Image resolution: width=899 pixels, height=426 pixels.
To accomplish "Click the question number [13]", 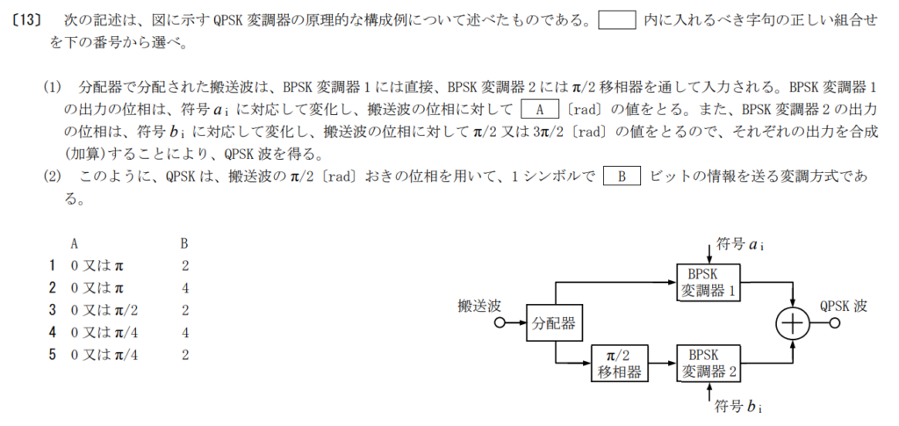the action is pyautogui.click(x=27, y=21).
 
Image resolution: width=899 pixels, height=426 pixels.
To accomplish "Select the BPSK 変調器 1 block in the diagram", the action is pyautogui.click(x=708, y=283).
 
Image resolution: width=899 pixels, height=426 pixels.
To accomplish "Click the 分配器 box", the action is pyautogui.click(x=554, y=323).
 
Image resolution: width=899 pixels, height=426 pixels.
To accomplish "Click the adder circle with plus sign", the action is pyautogui.click(x=793, y=323).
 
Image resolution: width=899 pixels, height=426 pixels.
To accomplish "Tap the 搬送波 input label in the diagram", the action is pyautogui.click(x=479, y=307).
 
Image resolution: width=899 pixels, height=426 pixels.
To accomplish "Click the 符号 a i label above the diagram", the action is pyautogui.click(x=739, y=245).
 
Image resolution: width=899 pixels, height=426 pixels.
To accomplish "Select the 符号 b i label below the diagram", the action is pyautogui.click(x=739, y=407).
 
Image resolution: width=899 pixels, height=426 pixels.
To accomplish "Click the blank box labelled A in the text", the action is pyautogui.click(x=540, y=109).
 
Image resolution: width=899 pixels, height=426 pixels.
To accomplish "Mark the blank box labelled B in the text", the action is pyautogui.click(x=622, y=176).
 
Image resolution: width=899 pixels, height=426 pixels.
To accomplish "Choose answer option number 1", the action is pyautogui.click(x=52, y=265).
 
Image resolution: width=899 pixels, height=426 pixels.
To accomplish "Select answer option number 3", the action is pyautogui.click(x=52, y=310).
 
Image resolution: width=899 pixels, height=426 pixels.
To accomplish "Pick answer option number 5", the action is pyautogui.click(x=52, y=355).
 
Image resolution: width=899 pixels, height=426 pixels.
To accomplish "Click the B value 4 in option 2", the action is pyautogui.click(x=184, y=288).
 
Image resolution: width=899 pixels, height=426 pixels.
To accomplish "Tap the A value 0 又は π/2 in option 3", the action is pyautogui.click(x=104, y=310).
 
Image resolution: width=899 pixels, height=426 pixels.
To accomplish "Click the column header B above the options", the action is pyautogui.click(x=184, y=243).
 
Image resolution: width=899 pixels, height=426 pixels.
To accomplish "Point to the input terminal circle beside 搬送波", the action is pyautogui.click(x=500, y=323).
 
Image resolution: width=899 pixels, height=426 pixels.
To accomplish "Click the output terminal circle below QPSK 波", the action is pyautogui.click(x=834, y=323).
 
